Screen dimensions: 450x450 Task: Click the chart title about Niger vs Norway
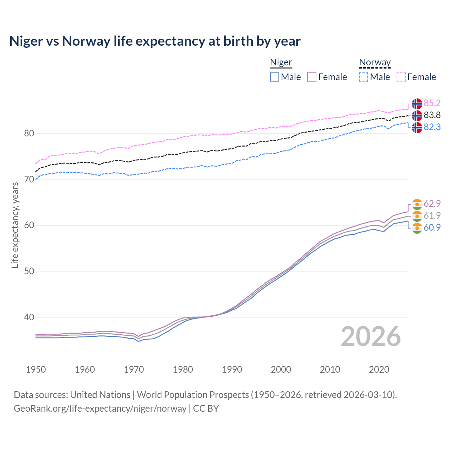[x=155, y=41]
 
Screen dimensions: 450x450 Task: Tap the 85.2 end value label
[x=432, y=103]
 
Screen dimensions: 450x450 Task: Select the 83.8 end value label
[x=432, y=115]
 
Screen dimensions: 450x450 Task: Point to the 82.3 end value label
[x=432, y=127]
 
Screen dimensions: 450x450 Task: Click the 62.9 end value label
[x=432, y=204]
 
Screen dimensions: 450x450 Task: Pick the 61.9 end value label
[x=432, y=216]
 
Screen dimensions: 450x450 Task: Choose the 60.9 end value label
[x=432, y=227]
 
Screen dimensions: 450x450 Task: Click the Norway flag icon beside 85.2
[x=417, y=104]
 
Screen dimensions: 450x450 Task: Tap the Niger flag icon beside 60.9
[x=417, y=228]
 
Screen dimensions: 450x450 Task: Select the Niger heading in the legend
[x=281, y=63]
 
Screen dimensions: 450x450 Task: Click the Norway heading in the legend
[x=375, y=63]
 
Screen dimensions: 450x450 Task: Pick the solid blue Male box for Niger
[x=275, y=77]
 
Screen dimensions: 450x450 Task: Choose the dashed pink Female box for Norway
[x=401, y=77]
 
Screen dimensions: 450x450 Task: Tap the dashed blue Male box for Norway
[x=364, y=77]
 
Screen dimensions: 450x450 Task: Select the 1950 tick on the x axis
[x=36, y=369]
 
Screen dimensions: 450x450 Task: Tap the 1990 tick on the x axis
[x=232, y=369]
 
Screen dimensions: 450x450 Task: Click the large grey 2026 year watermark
[x=371, y=336]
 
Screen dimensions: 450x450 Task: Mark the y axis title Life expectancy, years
[x=15, y=225]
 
